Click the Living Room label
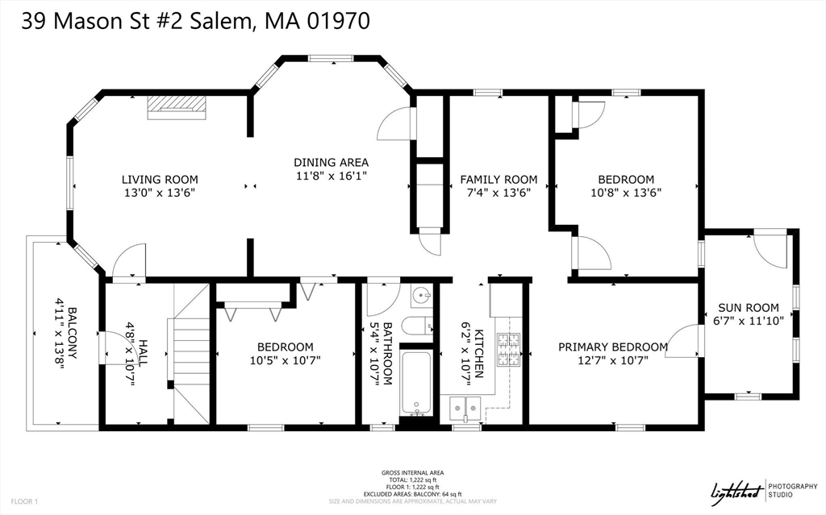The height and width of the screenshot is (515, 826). point(160,179)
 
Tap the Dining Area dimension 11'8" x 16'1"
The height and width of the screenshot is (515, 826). point(331,175)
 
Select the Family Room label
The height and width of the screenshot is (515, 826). point(499,179)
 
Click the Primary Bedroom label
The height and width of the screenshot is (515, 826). point(613,347)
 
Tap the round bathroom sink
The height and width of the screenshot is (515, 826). point(422,297)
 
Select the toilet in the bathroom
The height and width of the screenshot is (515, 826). point(417,326)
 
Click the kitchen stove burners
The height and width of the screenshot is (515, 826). point(508,349)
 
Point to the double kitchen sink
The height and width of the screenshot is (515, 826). point(465,409)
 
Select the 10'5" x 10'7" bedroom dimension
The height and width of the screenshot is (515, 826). point(286,360)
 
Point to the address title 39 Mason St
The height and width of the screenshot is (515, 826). point(195,21)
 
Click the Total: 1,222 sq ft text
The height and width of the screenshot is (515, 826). point(412,480)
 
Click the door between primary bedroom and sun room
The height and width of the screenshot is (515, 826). point(688,340)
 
